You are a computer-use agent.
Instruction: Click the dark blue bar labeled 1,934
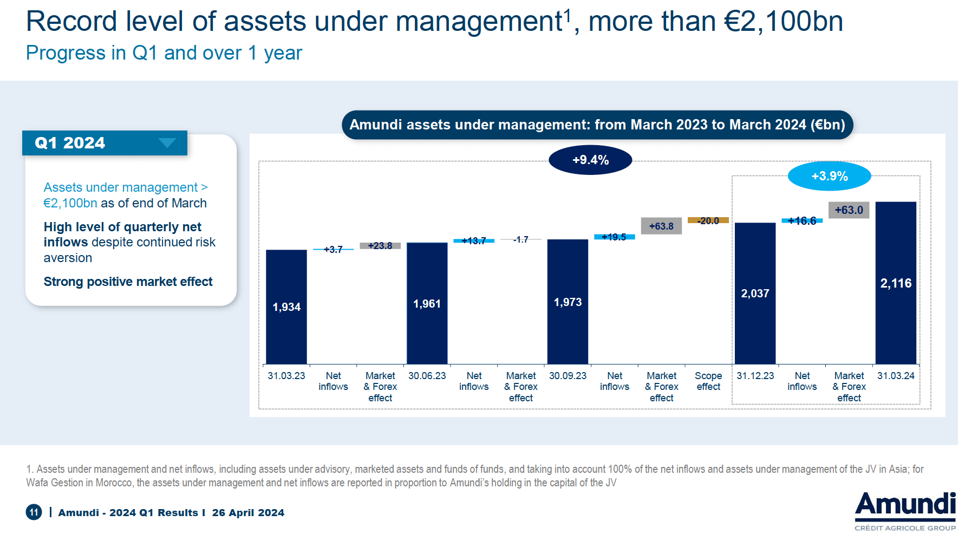click(286, 307)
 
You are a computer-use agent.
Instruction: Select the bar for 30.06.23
click(427, 303)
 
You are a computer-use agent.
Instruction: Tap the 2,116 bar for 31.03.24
click(896, 283)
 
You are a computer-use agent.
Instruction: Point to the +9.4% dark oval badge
click(590, 160)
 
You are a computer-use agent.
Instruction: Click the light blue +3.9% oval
click(829, 176)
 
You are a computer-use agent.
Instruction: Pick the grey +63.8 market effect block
click(661, 226)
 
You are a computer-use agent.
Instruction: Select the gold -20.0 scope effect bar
click(708, 220)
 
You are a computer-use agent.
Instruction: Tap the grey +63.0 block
click(849, 210)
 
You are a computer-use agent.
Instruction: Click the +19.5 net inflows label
click(614, 237)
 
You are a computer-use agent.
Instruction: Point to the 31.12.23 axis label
click(755, 376)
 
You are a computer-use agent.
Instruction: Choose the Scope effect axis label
click(708, 381)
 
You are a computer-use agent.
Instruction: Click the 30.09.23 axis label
click(568, 376)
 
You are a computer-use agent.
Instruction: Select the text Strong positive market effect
click(128, 282)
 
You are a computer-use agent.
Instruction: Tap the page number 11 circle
click(34, 512)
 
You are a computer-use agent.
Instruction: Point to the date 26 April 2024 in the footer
click(248, 513)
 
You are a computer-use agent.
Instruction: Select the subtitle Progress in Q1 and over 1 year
click(164, 53)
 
